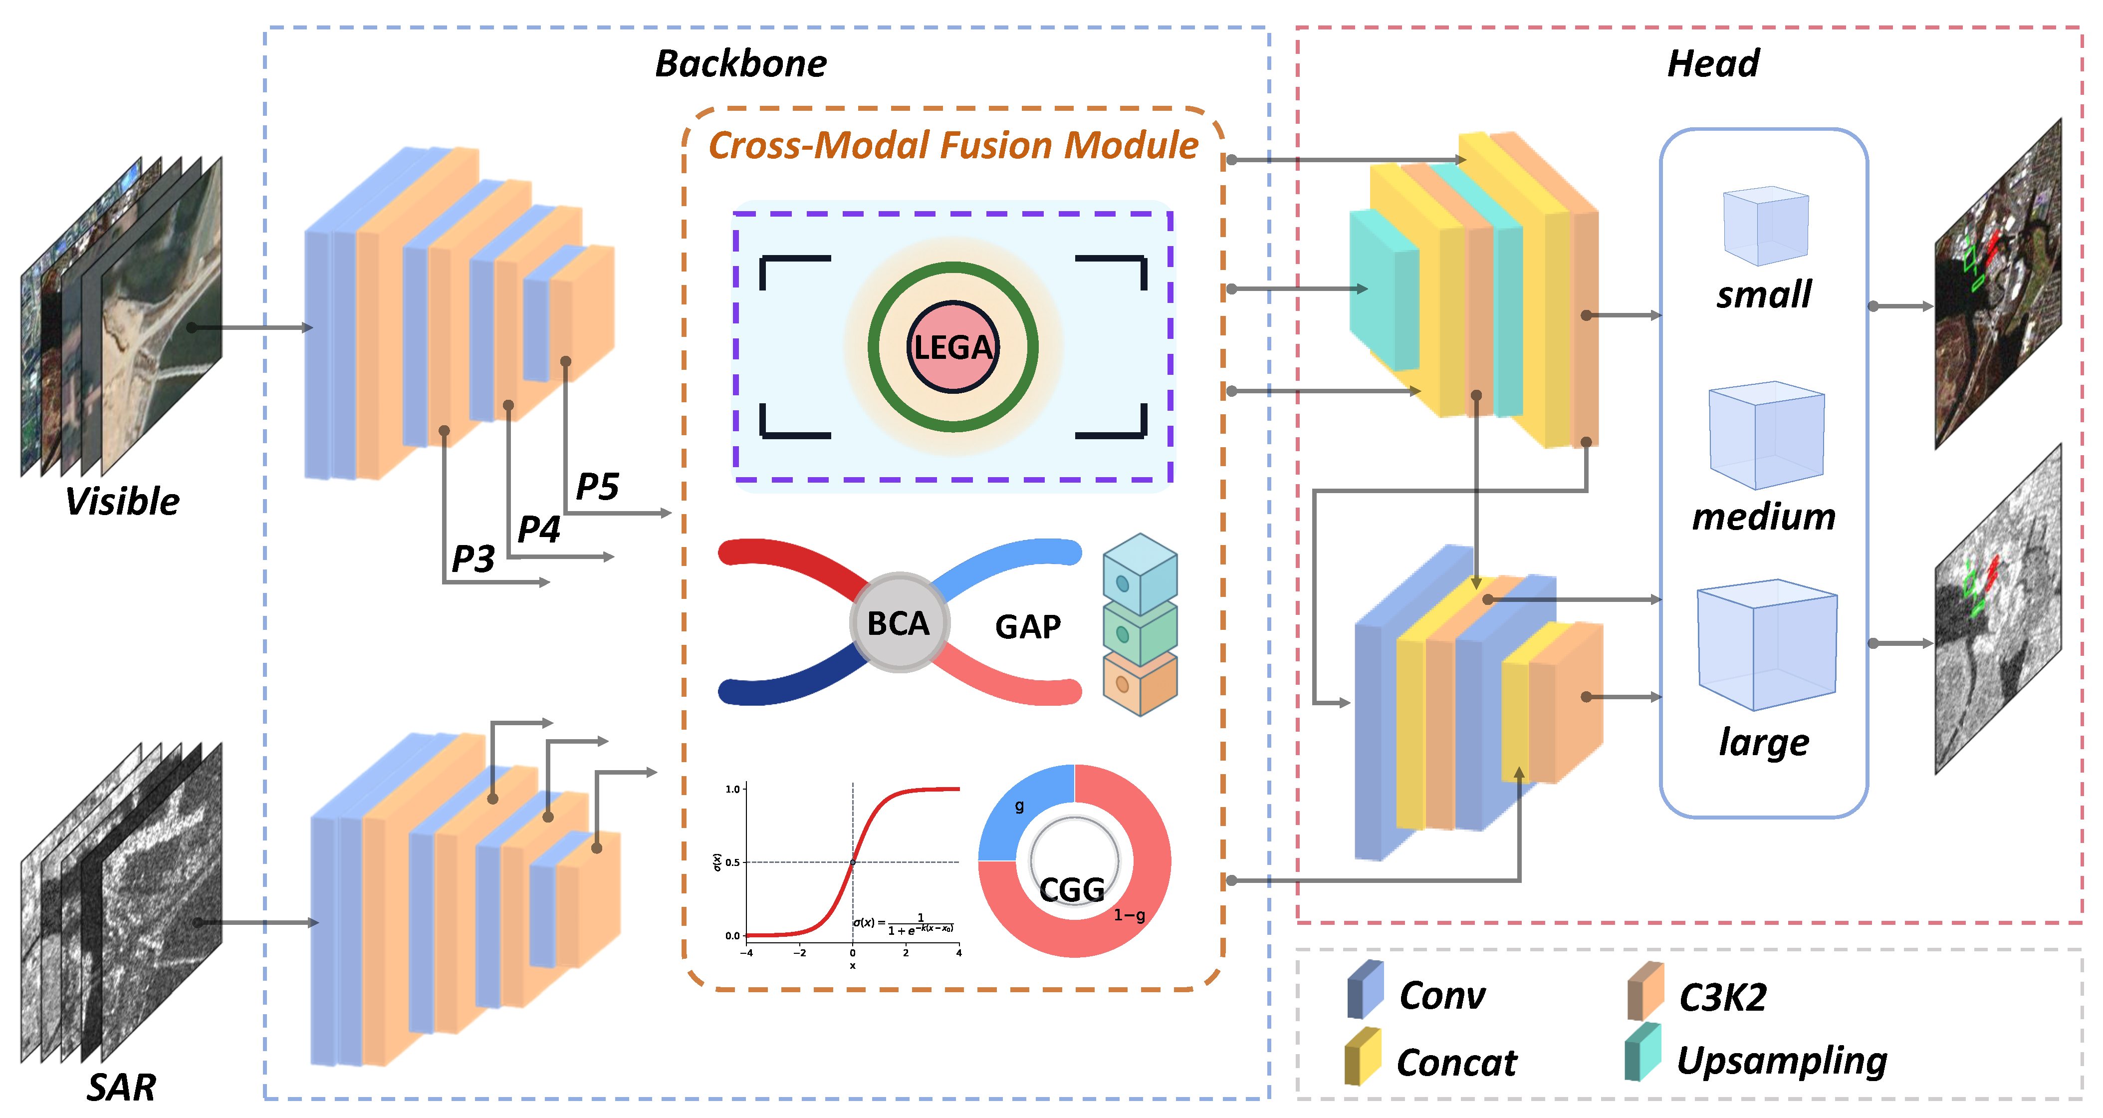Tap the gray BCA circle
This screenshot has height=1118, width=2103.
(898, 623)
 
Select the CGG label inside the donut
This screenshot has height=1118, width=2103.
(1071, 889)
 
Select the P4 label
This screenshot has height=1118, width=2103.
(539, 529)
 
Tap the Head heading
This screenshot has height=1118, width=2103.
(1713, 64)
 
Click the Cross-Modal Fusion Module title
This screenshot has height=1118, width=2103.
(953, 145)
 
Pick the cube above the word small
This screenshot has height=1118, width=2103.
(1765, 226)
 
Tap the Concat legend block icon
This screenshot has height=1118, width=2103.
(1363, 1058)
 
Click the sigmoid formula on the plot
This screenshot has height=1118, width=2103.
(904, 924)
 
